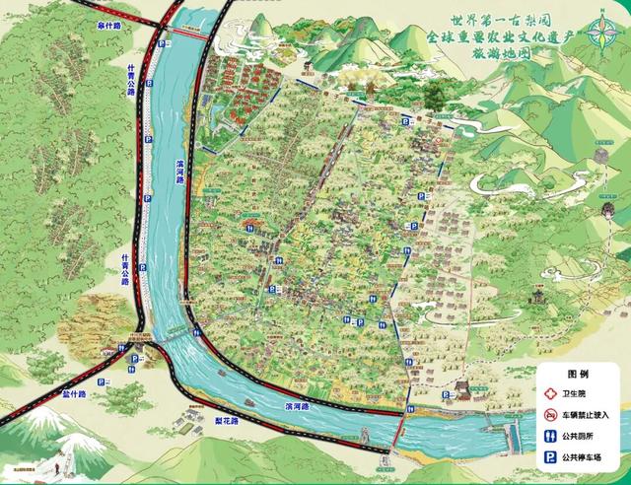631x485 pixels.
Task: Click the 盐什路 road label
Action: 74,392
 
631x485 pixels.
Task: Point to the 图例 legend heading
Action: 578,375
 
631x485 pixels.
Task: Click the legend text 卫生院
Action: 574,392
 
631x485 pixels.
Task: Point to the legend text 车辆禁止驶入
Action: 588,414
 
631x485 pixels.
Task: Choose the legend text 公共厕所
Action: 581,436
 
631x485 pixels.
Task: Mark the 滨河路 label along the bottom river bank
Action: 296,405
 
